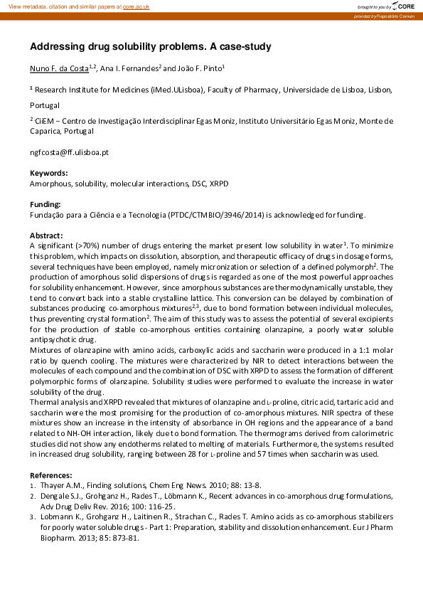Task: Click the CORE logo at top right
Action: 403,6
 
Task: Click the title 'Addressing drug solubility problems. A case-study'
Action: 150,47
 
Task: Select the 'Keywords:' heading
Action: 49,173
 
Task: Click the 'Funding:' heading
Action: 45,204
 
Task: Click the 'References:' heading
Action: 51,475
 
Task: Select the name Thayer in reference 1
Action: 52,485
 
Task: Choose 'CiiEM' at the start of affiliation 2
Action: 46,121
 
